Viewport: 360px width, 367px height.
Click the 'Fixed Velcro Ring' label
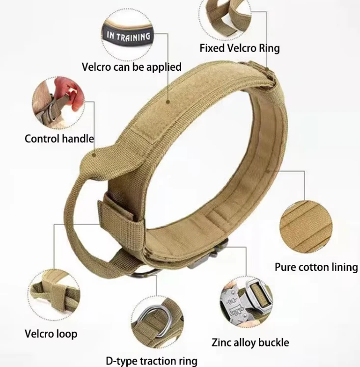pos(239,48)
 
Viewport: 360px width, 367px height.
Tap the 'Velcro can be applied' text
pos(132,66)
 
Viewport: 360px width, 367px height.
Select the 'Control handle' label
pos(59,139)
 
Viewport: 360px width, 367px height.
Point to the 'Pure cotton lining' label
pos(316,267)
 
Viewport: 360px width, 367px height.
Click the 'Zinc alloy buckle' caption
pos(250,342)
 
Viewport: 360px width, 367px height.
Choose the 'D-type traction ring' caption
pos(151,361)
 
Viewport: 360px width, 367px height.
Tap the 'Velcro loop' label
pos(51,334)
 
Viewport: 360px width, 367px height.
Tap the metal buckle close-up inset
pos(245,299)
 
